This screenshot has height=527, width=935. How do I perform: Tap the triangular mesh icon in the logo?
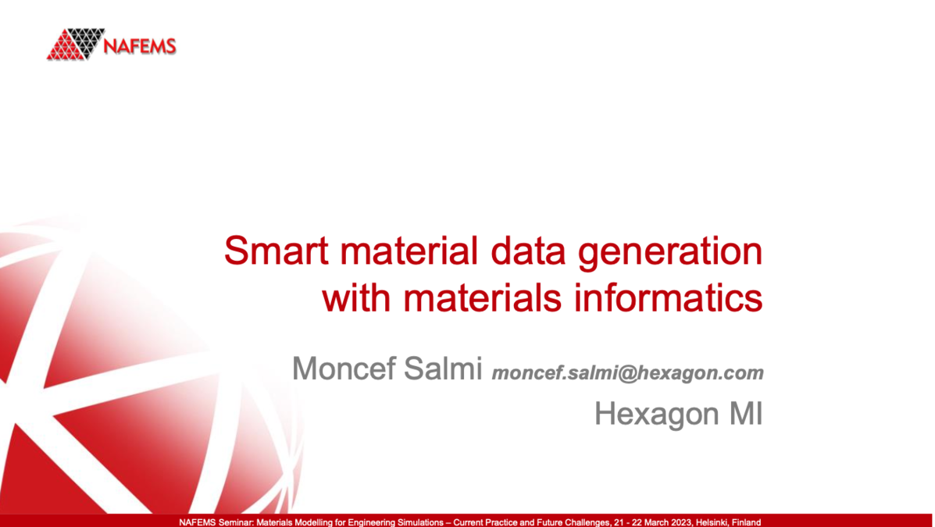click(x=76, y=44)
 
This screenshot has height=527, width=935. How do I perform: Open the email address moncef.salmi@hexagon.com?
click(x=627, y=373)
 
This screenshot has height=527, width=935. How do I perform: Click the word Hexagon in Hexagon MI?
click(x=658, y=415)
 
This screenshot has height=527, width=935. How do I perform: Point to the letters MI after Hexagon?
click(x=745, y=415)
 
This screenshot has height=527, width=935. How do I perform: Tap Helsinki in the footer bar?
click(x=710, y=522)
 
